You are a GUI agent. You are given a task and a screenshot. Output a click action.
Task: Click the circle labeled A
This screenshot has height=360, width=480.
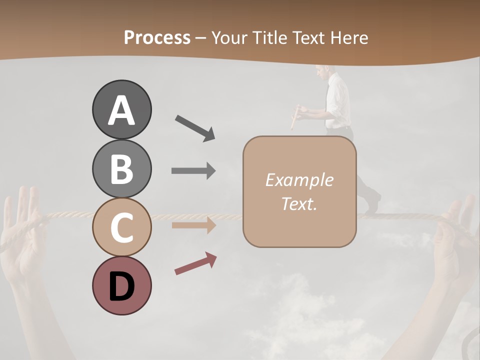click(121, 109)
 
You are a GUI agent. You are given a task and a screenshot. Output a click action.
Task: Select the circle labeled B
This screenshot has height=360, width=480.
click(121, 168)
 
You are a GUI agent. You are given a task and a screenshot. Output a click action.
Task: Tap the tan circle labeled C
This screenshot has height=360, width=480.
click(121, 227)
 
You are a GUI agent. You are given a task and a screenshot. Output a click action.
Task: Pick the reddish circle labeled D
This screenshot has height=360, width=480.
click(121, 285)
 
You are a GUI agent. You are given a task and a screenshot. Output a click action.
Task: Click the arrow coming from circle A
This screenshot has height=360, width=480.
click(195, 127)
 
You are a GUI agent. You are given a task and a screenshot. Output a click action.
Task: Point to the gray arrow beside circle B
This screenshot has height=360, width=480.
click(193, 170)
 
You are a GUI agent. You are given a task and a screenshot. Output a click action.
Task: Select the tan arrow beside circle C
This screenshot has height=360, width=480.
click(193, 225)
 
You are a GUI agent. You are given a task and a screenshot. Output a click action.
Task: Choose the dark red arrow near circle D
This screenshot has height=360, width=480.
click(195, 263)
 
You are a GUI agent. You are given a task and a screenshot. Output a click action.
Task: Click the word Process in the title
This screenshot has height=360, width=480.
click(157, 37)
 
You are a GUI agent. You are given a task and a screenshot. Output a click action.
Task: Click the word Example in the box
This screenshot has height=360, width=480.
click(299, 180)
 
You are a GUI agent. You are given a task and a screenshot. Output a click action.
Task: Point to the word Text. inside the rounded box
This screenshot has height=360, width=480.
click(299, 203)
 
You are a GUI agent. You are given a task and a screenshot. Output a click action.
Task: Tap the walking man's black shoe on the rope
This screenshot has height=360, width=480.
click(372, 205)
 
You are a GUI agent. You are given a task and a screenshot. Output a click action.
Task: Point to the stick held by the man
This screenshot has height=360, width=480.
click(295, 117)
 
